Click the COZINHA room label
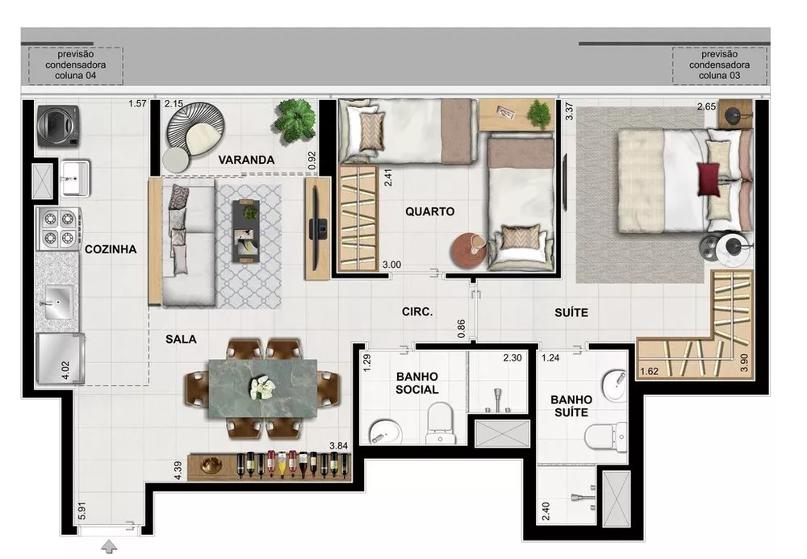(111, 249)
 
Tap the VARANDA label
(246, 160)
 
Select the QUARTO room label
(429, 211)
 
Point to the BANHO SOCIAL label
(416, 383)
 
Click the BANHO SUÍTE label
(571, 406)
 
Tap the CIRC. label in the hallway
(419, 311)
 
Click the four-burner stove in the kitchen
(59, 228)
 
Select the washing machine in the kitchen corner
(58, 125)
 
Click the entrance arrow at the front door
(109, 548)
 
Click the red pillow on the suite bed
(709, 179)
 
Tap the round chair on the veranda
(194, 131)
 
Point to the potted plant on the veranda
(295, 120)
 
